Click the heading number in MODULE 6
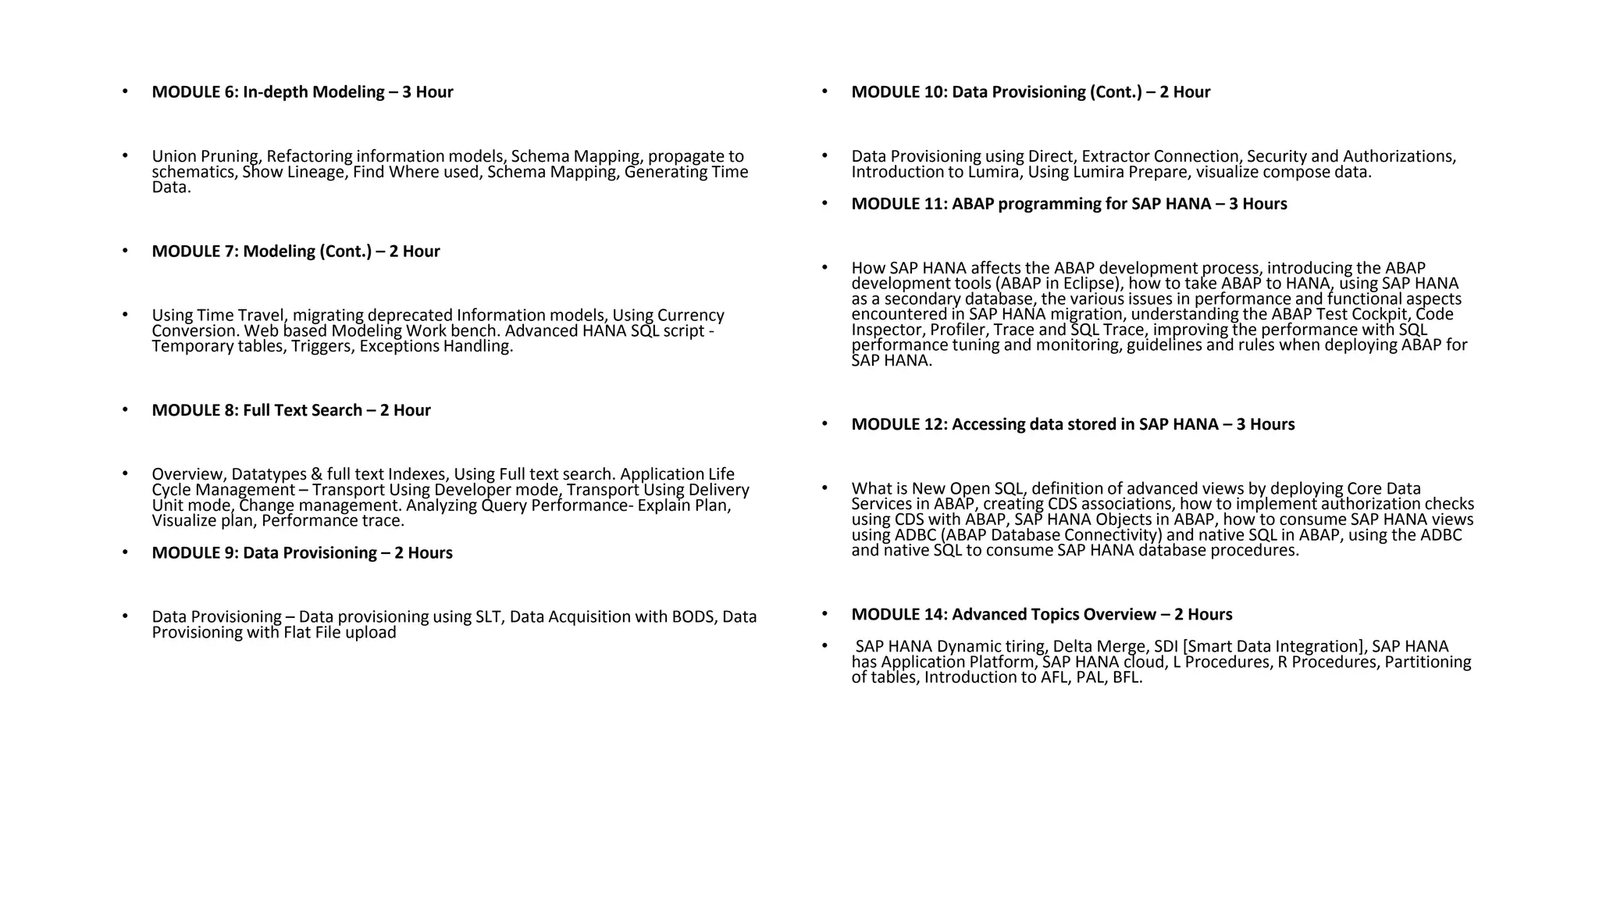pos(233,92)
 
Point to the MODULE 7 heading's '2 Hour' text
pos(415,252)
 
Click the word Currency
pos(691,316)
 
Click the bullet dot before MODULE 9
pos(125,552)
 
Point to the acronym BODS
pos(693,617)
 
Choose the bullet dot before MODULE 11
pos(824,203)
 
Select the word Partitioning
pos(1427,662)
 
